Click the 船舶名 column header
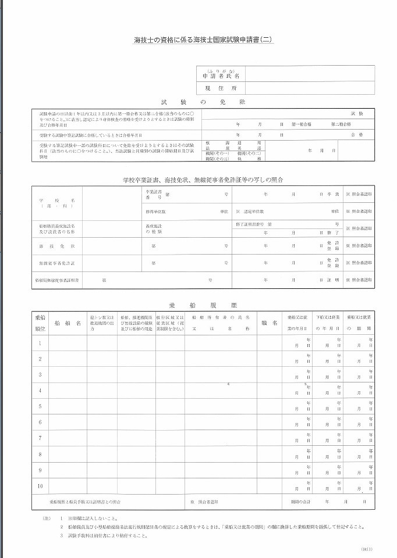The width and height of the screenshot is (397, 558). [68, 323]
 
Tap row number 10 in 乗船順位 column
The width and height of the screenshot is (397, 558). [40, 485]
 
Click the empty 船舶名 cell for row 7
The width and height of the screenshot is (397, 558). [68, 438]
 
